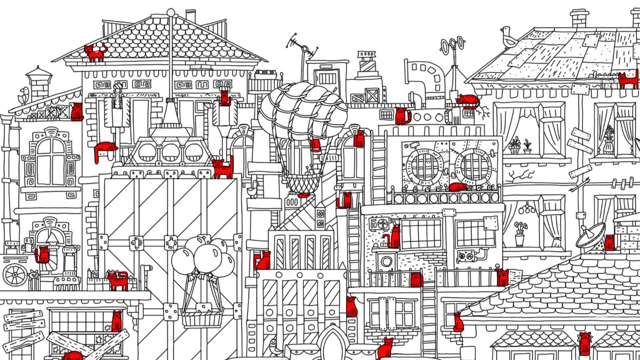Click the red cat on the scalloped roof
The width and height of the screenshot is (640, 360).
point(95,53)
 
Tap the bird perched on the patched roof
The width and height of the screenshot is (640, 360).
point(508,37)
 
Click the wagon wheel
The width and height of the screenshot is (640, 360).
point(15,275)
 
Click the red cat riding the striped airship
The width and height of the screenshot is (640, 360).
point(316,144)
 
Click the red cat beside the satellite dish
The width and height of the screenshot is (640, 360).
point(610,242)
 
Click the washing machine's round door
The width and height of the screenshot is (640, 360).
point(386,261)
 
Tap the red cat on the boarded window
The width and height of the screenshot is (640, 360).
point(116,322)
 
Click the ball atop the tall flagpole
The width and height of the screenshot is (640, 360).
point(171,12)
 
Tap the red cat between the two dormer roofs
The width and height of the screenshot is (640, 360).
point(584,344)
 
